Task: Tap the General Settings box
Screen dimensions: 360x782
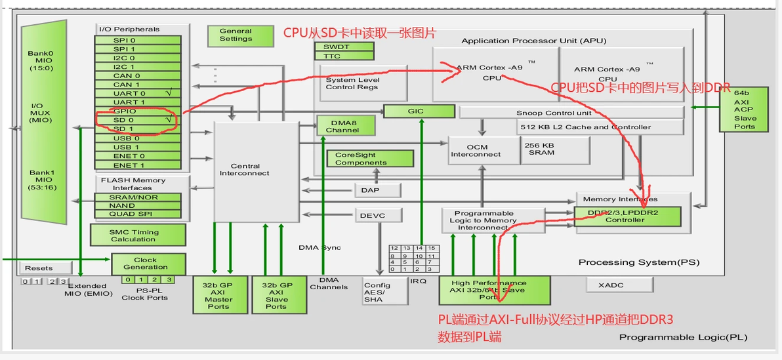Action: [x=236, y=35]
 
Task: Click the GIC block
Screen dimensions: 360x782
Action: [x=415, y=111]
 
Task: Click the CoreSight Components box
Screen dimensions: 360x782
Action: [x=370, y=159]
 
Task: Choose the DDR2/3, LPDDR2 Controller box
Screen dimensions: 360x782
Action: [x=627, y=216]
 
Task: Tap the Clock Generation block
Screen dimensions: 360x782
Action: [x=145, y=264]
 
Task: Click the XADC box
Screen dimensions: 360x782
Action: [x=619, y=285]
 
